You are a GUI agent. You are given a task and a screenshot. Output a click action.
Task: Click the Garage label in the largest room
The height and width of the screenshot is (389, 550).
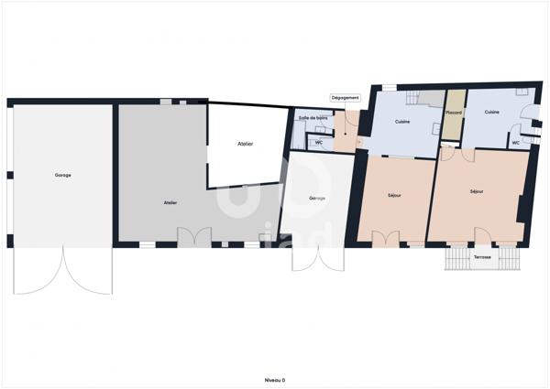[62, 175]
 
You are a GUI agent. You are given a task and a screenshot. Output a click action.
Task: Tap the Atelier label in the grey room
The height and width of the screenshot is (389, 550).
[170, 202]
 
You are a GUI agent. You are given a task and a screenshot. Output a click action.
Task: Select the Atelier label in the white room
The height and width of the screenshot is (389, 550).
[245, 144]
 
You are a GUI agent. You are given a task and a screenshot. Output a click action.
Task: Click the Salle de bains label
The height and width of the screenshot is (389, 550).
[313, 119]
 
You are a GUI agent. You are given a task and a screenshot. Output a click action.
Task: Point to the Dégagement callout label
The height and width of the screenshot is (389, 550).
[346, 97]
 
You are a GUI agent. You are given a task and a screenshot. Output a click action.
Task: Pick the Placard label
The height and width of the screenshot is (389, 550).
[454, 113]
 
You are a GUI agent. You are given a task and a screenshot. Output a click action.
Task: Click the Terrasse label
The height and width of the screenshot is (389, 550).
[482, 257]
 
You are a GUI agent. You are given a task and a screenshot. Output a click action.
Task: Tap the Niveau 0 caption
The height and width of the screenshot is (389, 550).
[274, 379]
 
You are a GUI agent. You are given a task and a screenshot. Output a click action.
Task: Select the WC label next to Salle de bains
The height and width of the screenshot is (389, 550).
[319, 143]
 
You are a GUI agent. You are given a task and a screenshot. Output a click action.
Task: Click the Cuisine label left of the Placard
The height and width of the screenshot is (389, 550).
[402, 122]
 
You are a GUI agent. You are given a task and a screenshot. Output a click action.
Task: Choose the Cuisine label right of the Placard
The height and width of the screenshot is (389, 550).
[492, 113]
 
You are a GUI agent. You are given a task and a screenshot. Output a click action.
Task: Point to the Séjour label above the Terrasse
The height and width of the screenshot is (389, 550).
[477, 192]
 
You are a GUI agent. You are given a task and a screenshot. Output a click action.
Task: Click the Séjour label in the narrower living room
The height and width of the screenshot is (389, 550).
[395, 195]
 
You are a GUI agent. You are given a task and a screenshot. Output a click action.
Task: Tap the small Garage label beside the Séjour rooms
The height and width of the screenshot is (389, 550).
[317, 199]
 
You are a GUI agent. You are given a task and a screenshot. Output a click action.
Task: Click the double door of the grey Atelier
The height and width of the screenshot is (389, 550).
[194, 236]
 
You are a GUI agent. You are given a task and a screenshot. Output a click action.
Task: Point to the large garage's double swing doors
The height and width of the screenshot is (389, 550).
[62, 271]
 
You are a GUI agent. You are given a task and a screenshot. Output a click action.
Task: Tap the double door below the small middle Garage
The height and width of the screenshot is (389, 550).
[309, 257]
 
